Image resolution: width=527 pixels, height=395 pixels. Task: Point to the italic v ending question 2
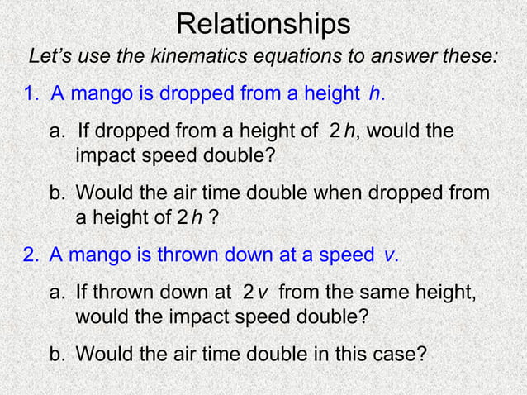pos(390,255)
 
